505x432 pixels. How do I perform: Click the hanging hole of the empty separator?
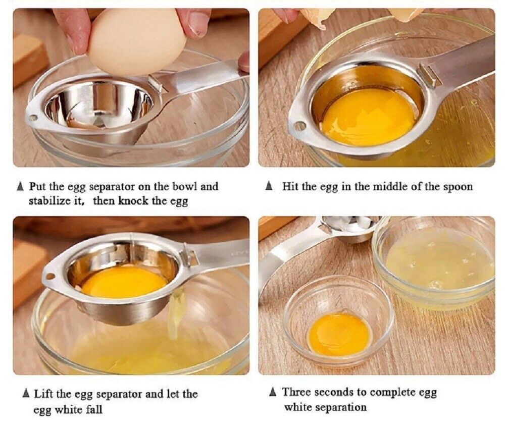33,118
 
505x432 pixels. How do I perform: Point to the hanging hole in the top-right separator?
300,126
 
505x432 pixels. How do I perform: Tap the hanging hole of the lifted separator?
50,276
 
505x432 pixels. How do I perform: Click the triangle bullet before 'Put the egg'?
20,186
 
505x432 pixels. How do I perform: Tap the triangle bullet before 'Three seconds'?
273,392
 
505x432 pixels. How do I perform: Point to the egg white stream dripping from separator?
175,314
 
